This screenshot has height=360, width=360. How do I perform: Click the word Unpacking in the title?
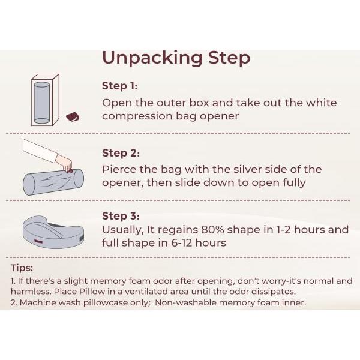(x=152, y=58)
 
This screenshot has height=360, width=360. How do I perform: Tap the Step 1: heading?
(x=119, y=86)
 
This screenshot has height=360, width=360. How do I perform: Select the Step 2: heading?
(x=121, y=153)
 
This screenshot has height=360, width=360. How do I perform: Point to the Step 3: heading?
(x=121, y=216)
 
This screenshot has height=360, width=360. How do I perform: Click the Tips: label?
(x=22, y=268)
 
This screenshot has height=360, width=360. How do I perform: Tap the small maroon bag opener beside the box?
(x=73, y=117)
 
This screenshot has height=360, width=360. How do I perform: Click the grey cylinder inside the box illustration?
(x=41, y=103)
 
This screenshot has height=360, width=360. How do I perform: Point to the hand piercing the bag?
(x=65, y=163)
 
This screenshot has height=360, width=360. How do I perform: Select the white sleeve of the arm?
(x=39, y=151)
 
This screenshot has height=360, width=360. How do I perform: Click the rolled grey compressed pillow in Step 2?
(x=53, y=182)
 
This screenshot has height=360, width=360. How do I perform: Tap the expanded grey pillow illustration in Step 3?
(x=53, y=232)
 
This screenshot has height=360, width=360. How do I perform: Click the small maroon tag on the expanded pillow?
(x=37, y=241)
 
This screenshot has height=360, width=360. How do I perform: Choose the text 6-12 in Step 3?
(x=181, y=243)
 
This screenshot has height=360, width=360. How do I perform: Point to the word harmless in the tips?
(x=31, y=292)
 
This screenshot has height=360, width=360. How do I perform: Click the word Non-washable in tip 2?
(x=185, y=302)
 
